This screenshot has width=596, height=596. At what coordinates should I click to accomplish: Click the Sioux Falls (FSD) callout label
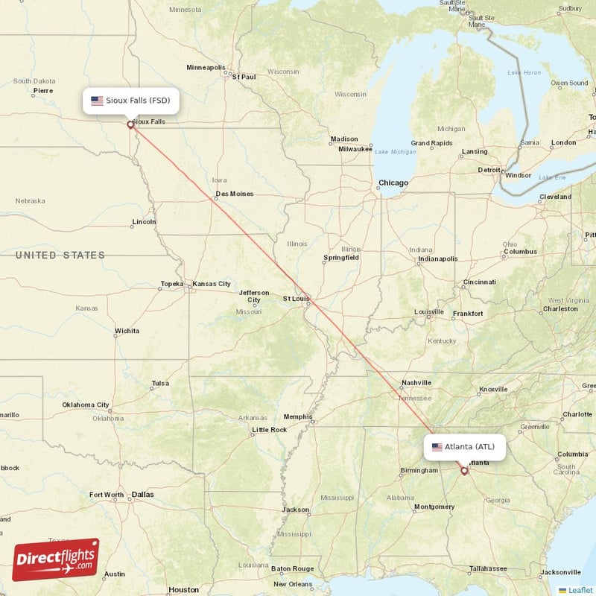(x=131, y=101)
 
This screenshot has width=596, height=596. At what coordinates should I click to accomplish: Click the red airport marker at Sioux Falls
(x=130, y=125)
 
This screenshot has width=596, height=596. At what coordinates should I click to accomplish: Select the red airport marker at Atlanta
(x=465, y=471)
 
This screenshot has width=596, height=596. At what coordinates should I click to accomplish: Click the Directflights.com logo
(x=55, y=559)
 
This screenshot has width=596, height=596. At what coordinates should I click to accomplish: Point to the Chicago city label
(x=393, y=183)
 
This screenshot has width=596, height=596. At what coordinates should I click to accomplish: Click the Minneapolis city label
(x=205, y=67)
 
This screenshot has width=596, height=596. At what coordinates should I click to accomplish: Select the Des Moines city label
(x=234, y=194)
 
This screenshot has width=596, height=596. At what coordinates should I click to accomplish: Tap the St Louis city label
(x=296, y=299)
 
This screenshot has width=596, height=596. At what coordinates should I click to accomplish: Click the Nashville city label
(x=416, y=383)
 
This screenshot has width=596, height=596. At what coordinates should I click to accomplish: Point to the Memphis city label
(x=298, y=416)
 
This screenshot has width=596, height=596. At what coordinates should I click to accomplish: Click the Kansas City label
(x=212, y=284)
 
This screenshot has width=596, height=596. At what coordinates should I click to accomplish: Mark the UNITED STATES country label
(x=60, y=256)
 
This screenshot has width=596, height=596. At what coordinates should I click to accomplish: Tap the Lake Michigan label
(x=396, y=152)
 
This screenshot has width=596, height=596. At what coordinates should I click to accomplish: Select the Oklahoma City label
(x=86, y=405)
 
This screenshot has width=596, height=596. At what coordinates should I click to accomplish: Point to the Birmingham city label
(x=419, y=470)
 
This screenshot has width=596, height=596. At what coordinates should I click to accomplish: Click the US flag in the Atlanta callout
(x=437, y=447)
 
